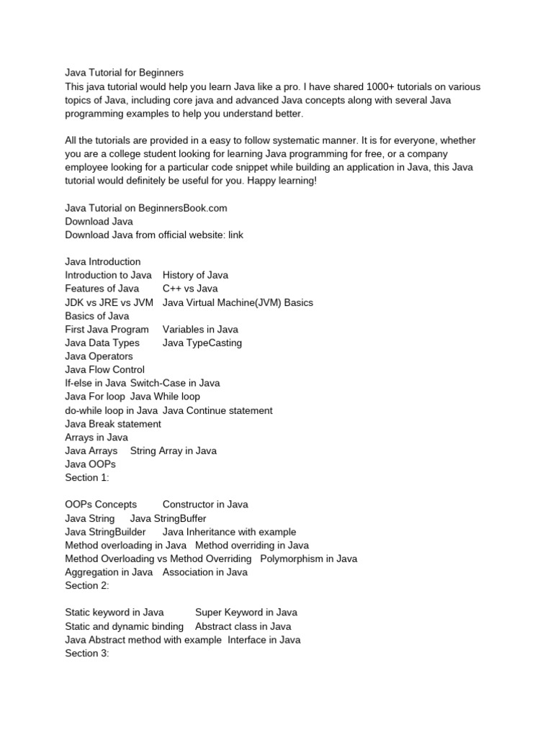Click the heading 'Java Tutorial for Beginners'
(125, 73)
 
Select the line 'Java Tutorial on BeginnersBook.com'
(146, 208)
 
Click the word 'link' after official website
(236, 235)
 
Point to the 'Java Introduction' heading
(103, 262)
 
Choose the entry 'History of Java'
(196, 275)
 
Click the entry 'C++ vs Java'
(190, 289)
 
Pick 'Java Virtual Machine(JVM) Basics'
(238, 302)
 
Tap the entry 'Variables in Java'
(200, 330)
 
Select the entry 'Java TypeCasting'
(202, 343)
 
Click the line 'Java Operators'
(99, 356)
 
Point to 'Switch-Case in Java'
(175, 383)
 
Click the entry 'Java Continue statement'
(217, 410)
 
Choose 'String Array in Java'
(173, 451)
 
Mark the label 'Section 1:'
(86, 477)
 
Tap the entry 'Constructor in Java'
(205, 505)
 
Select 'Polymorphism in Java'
(308, 559)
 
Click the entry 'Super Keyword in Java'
(246, 612)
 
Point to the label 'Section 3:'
(86, 653)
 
